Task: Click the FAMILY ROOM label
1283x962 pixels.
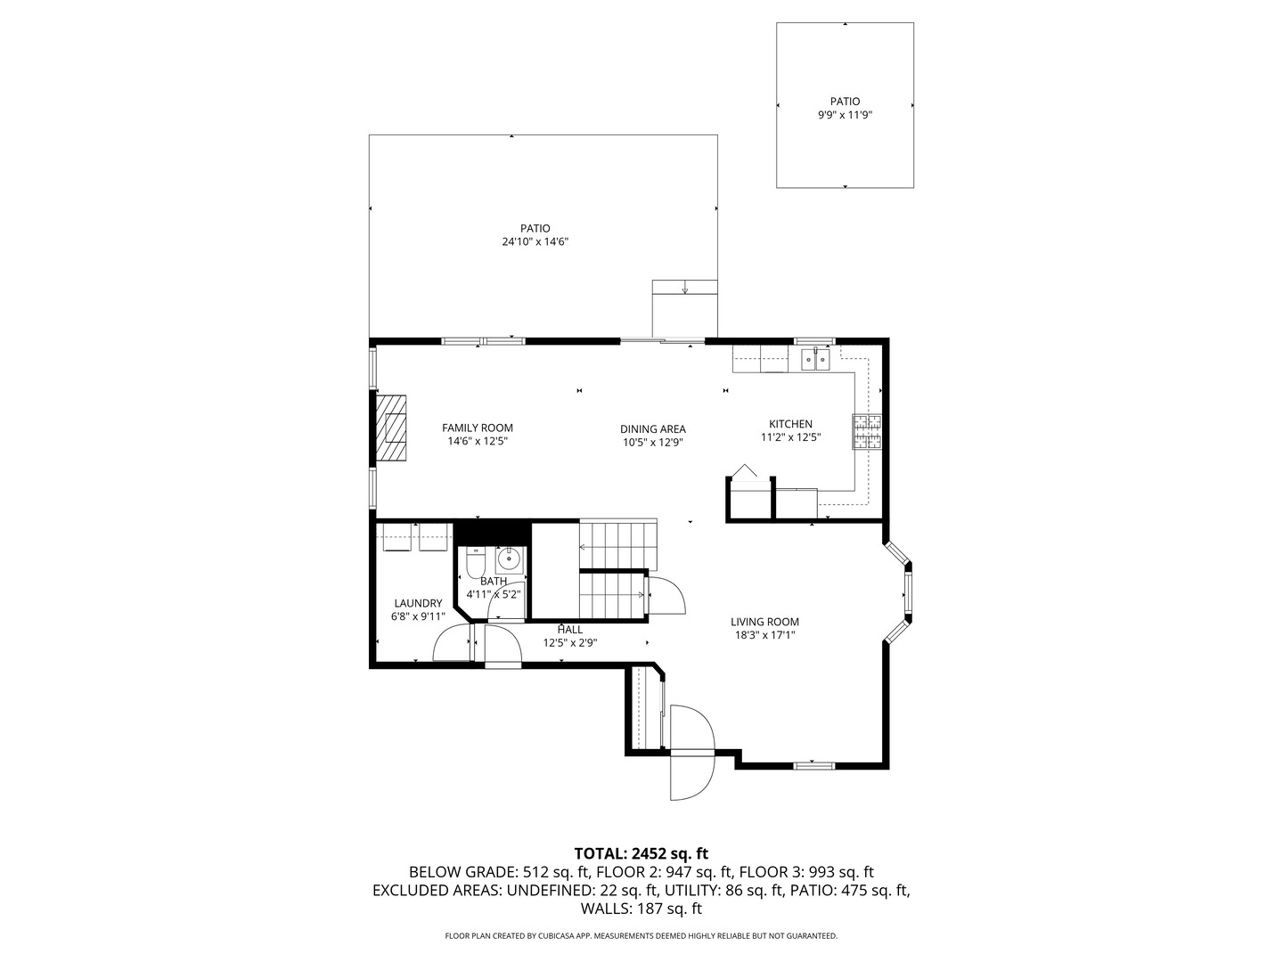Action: (x=478, y=428)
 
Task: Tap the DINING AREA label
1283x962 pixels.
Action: (x=653, y=429)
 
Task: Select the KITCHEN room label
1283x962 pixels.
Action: (x=790, y=424)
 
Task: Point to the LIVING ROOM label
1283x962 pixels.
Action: (x=764, y=623)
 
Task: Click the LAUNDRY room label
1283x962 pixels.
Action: (x=418, y=603)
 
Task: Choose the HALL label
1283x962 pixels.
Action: (x=570, y=630)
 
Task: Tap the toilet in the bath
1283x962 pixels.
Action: (x=476, y=561)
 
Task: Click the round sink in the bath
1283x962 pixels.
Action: (x=508, y=559)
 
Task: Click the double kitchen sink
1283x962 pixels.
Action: (x=815, y=359)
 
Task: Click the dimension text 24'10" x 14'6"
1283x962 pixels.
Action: (x=535, y=241)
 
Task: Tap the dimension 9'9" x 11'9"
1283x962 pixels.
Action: (x=845, y=115)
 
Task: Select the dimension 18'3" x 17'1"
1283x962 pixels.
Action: (x=764, y=635)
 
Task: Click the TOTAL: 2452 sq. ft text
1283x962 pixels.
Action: (x=641, y=853)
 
